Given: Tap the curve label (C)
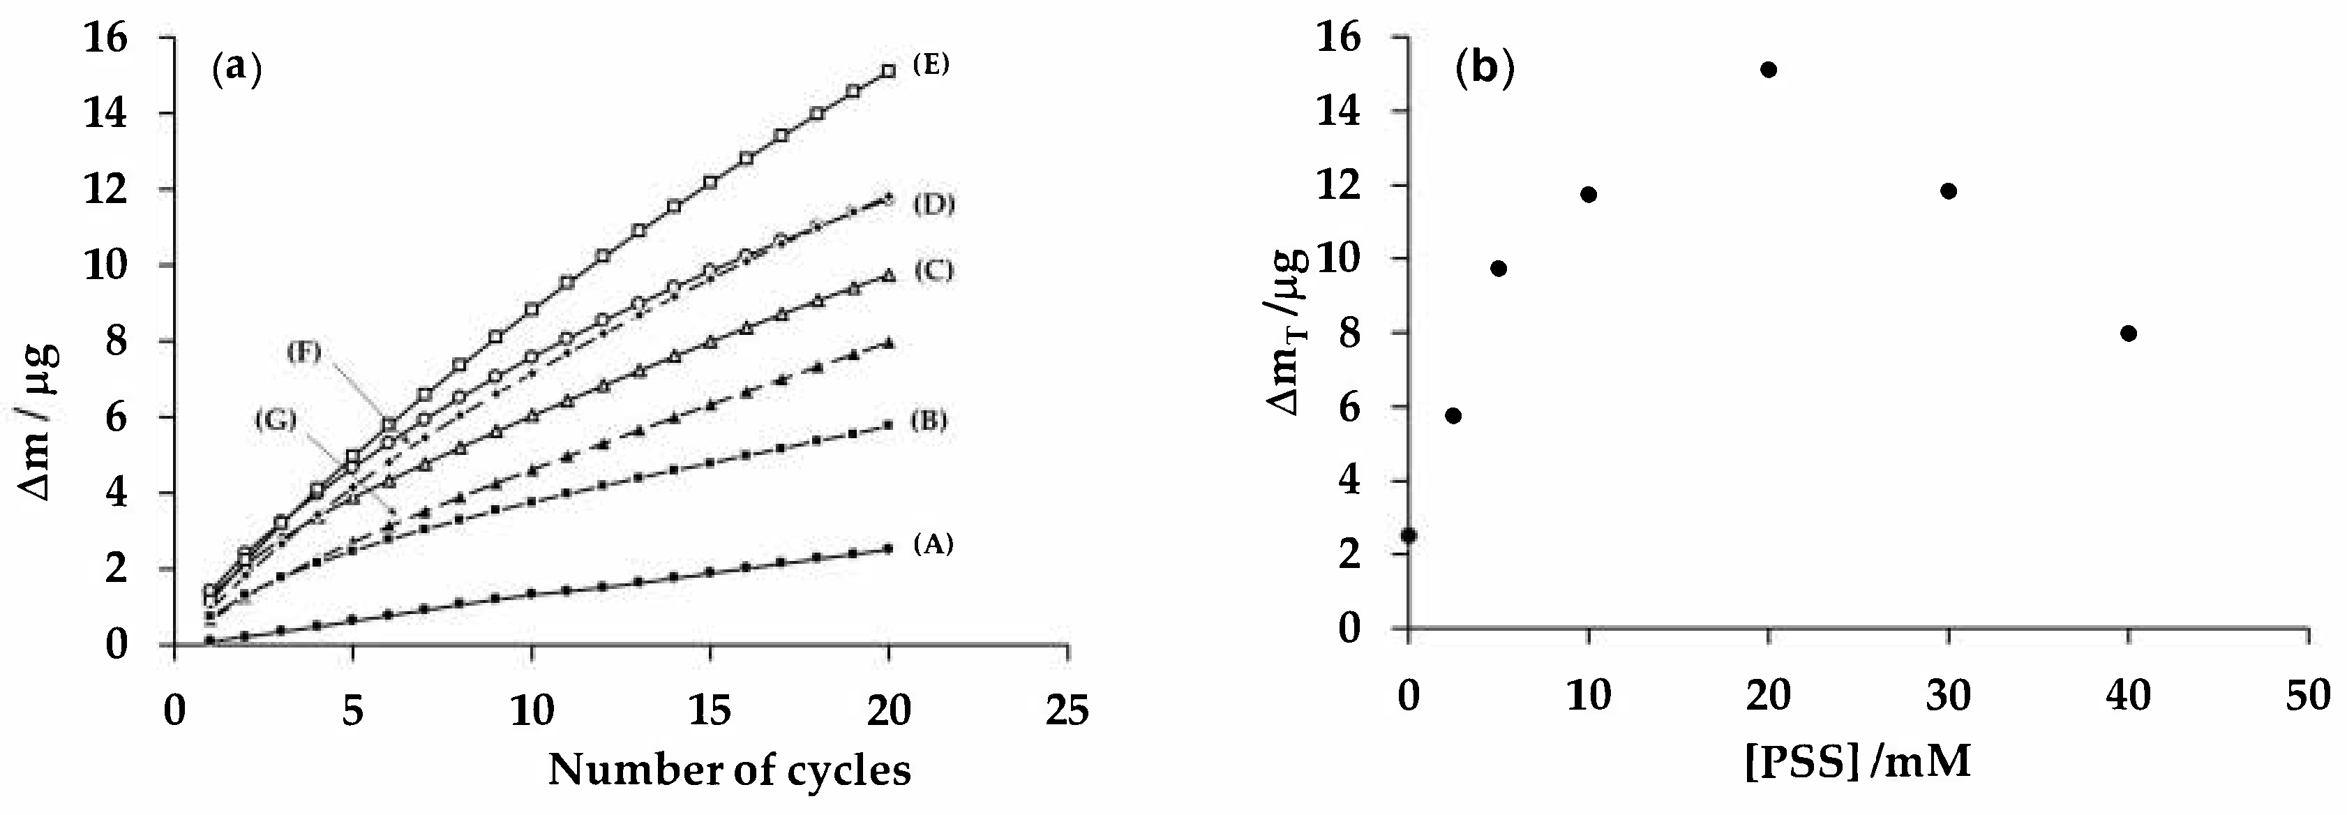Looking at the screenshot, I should pyautogui.click(x=932, y=270).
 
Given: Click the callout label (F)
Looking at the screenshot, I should pyautogui.click(x=303, y=351).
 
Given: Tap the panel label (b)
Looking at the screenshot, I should pyautogui.click(x=1484, y=68).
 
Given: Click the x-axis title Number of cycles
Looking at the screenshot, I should pyautogui.click(x=729, y=770).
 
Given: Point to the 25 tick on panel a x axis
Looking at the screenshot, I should pyautogui.click(x=1067, y=710).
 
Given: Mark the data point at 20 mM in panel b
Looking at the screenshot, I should pyautogui.click(x=1769, y=69).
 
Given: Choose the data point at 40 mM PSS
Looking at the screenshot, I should pyautogui.click(x=2129, y=334).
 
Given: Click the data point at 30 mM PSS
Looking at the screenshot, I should pyautogui.click(x=1949, y=190).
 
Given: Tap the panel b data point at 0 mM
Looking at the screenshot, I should pyautogui.click(x=1409, y=535).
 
